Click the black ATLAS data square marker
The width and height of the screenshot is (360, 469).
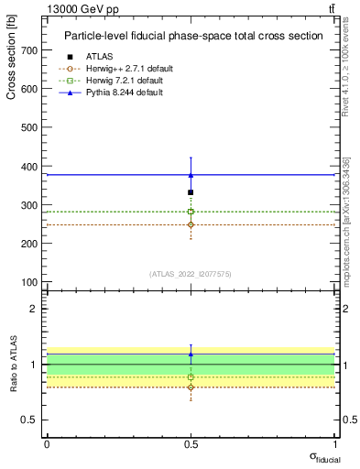(x=191, y=192)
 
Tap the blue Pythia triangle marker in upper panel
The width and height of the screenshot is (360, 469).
(x=191, y=174)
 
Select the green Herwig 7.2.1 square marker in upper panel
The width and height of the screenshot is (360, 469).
(x=191, y=212)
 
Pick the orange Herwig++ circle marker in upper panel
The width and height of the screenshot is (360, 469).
(x=191, y=224)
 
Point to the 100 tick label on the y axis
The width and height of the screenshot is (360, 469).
(x=29, y=281)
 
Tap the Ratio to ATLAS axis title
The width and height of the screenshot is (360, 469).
(x=13, y=365)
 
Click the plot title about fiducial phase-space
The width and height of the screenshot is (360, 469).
(x=193, y=36)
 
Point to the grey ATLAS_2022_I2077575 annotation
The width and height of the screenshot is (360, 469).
(x=191, y=273)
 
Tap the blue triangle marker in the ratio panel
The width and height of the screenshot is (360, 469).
(x=191, y=354)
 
